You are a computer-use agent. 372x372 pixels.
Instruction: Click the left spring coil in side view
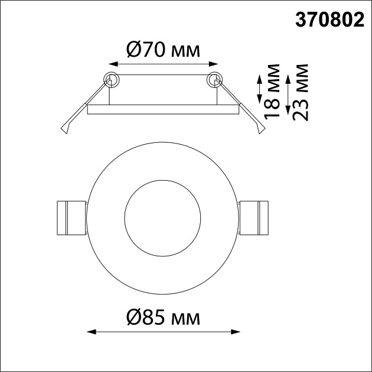click(x=111, y=79)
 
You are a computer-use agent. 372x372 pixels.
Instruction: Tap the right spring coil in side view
click(x=214, y=79)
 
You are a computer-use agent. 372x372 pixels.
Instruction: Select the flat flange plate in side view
click(x=163, y=109)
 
